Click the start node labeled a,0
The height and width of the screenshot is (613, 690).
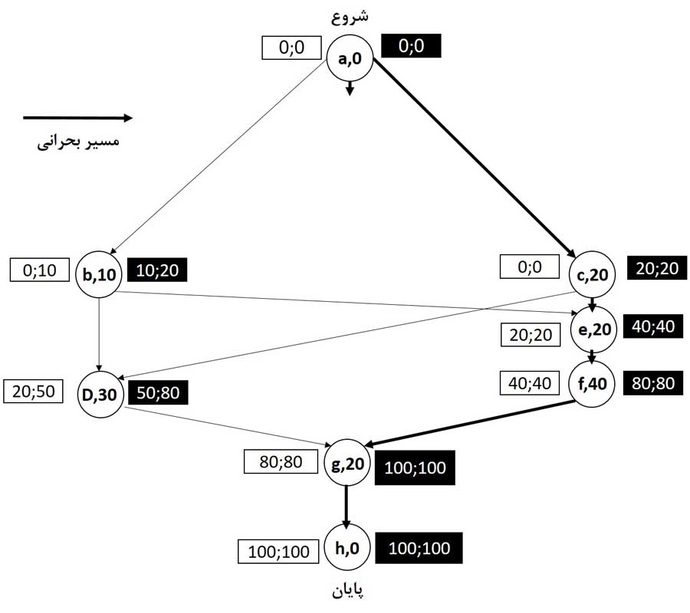pyautogui.click(x=350, y=60)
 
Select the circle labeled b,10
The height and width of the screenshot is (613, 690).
pyautogui.click(x=100, y=273)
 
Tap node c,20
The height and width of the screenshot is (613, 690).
pyautogui.click(x=593, y=272)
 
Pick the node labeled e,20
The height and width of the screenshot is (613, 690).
pyautogui.click(x=593, y=328)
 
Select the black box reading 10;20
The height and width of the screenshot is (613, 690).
pyautogui.click(x=157, y=270)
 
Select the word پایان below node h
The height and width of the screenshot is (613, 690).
pyautogui.click(x=347, y=590)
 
